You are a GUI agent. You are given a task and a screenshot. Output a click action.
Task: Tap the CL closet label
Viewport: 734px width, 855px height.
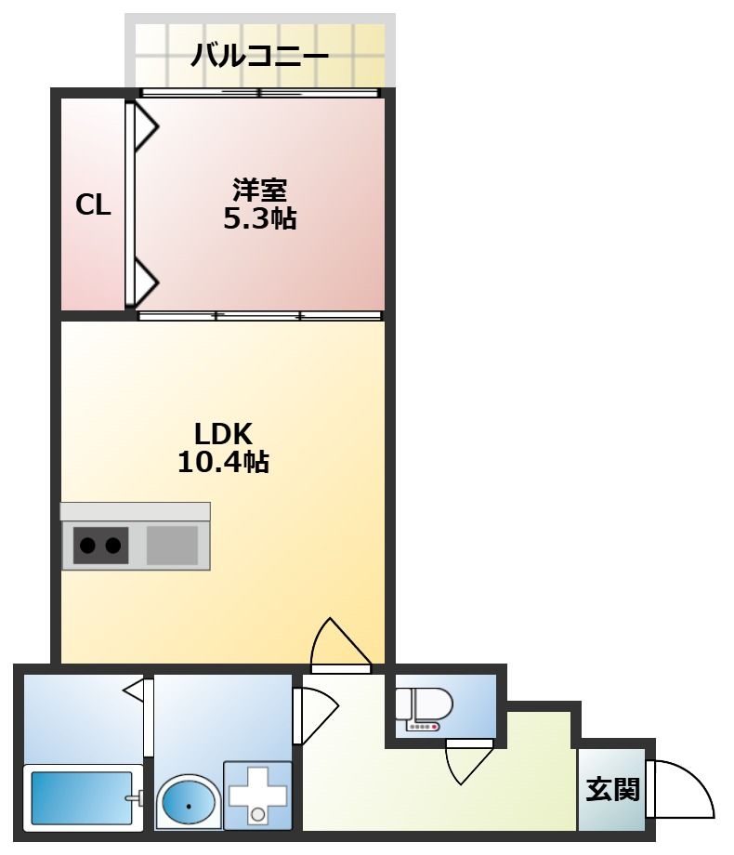tap(93, 205)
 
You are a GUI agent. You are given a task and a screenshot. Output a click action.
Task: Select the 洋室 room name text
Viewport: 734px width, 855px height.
tap(259, 191)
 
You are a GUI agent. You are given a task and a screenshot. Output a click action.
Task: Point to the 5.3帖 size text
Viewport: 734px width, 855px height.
tap(259, 219)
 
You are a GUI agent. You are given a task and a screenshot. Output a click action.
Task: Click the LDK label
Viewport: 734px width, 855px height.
tap(223, 433)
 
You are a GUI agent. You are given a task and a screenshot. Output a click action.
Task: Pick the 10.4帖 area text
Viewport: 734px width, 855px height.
tap(223, 461)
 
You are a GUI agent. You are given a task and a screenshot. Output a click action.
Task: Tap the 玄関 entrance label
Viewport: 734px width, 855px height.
tap(612, 790)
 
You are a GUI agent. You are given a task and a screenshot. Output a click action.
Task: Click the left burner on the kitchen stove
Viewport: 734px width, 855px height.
tap(86, 546)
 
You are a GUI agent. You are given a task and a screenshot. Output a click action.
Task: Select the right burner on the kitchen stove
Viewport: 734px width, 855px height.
tap(113, 546)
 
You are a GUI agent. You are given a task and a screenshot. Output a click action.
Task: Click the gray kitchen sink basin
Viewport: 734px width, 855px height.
tap(172, 546)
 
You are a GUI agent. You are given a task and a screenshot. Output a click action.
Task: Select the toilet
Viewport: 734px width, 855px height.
tap(424, 706)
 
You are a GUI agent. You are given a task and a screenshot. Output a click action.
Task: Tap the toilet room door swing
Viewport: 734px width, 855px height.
tap(467, 762)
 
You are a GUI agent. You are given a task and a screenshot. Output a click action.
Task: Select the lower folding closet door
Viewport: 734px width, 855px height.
tap(145, 279)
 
